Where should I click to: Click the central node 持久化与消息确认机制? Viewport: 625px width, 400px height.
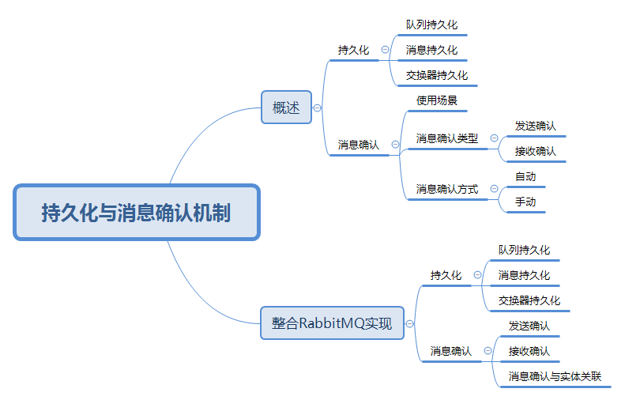pyautogui.click(x=136, y=213)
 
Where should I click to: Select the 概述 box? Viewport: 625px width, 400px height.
pyautogui.click(x=286, y=108)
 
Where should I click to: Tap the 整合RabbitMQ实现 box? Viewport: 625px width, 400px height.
pyautogui.click(x=332, y=323)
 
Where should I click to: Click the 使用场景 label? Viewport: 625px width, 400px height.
pyautogui.click(x=436, y=101)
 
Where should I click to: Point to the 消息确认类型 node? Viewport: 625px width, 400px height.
pyautogui.click(x=446, y=138)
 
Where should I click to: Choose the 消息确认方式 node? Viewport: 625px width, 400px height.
pyautogui.click(x=446, y=190)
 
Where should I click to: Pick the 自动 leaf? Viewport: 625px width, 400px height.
pyautogui.click(x=525, y=176)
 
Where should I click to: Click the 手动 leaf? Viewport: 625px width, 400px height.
pyautogui.click(x=525, y=202)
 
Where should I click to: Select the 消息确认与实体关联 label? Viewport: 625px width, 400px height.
pyautogui.click(x=555, y=376)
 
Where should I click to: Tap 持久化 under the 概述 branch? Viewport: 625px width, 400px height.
pyautogui.click(x=353, y=50)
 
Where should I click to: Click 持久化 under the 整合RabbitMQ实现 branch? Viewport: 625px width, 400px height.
pyautogui.click(x=446, y=275)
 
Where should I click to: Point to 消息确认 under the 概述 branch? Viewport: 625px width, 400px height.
pyautogui.click(x=358, y=145)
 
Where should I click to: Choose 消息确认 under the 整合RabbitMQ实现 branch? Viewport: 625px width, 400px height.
pyautogui.click(x=450, y=351)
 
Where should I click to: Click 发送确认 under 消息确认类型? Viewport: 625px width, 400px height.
pyautogui.click(x=535, y=126)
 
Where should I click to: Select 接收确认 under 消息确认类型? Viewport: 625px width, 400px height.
pyautogui.click(x=535, y=151)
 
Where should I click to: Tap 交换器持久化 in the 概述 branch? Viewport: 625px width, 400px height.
pyautogui.click(x=436, y=75)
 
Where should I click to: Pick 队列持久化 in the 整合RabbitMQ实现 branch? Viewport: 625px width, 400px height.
pyautogui.click(x=524, y=250)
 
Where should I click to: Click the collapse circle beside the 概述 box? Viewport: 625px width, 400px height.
pyautogui.click(x=317, y=108)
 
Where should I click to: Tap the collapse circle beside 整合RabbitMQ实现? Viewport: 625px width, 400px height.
pyautogui.click(x=409, y=323)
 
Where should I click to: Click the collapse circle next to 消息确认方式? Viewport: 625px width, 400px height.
pyautogui.click(x=495, y=190)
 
